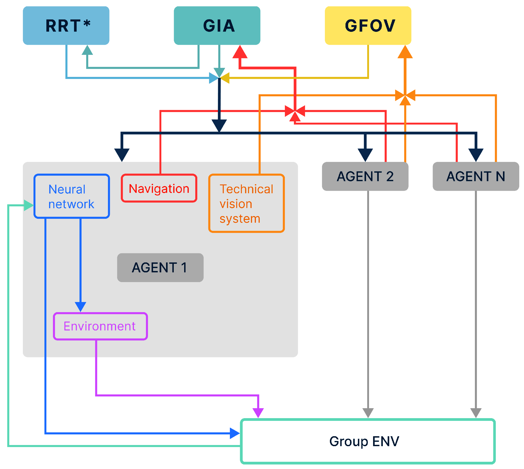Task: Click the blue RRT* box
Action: [x=66, y=26]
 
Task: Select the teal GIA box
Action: [x=217, y=26]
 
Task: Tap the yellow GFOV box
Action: [x=368, y=26]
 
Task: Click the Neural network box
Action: [x=72, y=196]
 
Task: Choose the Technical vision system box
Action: [x=246, y=203]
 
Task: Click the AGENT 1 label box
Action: [x=160, y=267]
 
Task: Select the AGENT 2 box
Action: [x=365, y=176]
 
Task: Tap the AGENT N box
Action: [x=476, y=176]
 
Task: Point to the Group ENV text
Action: [x=364, y=441]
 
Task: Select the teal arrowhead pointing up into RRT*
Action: [x=87, y=50]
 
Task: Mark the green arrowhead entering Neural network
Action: [x=28, y=205]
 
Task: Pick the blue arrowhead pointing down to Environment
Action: [x=81, y=307]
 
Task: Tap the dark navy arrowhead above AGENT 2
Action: [x=365, y=155]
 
